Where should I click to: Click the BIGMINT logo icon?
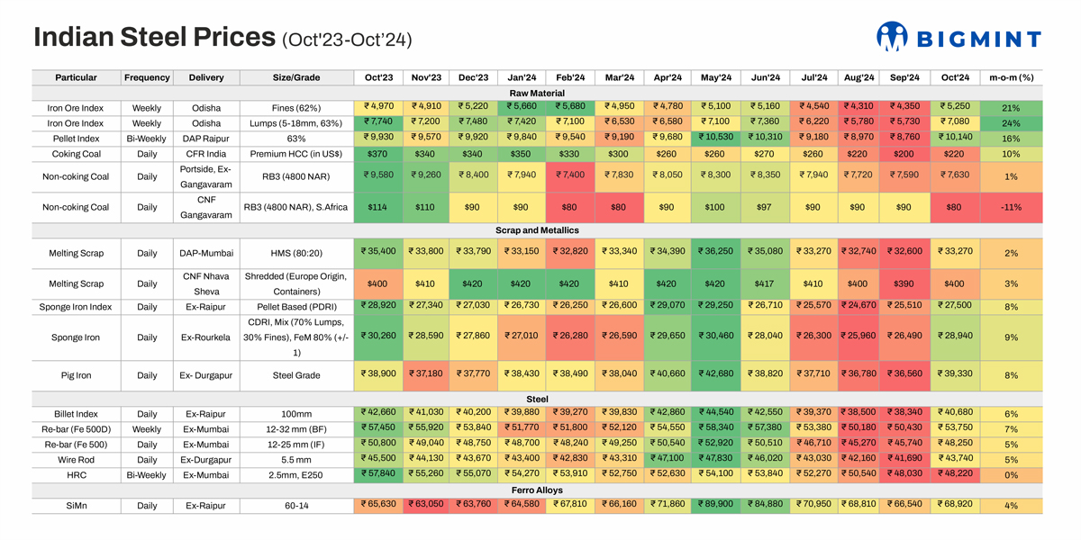click(892, 37)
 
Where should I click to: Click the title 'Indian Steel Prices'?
click(154, 37)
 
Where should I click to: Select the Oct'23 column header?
click(378, 77)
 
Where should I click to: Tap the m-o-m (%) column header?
click(1011, 77)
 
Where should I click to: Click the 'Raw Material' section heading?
click(537, 93)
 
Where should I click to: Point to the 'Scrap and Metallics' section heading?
click(537, 231)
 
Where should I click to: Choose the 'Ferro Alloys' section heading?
click(537, 490)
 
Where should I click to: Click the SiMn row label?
click(77, 506)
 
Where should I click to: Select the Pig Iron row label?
click(77, 375)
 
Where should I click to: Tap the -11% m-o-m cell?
click(1011, 207)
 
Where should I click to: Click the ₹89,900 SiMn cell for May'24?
click(716, 506)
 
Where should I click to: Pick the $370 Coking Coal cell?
click(378, 154)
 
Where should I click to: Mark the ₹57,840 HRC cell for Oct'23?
click(378, 474)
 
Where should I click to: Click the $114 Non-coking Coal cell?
click(378, 207)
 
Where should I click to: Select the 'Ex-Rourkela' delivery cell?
click(206, 337)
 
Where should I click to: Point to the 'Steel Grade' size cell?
click(295, 375)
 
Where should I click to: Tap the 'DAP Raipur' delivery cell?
click(206, 139)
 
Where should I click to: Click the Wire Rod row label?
click(77, 459)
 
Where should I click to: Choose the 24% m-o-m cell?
click(1011, 123)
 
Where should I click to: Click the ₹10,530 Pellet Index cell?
click(716, 139)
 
